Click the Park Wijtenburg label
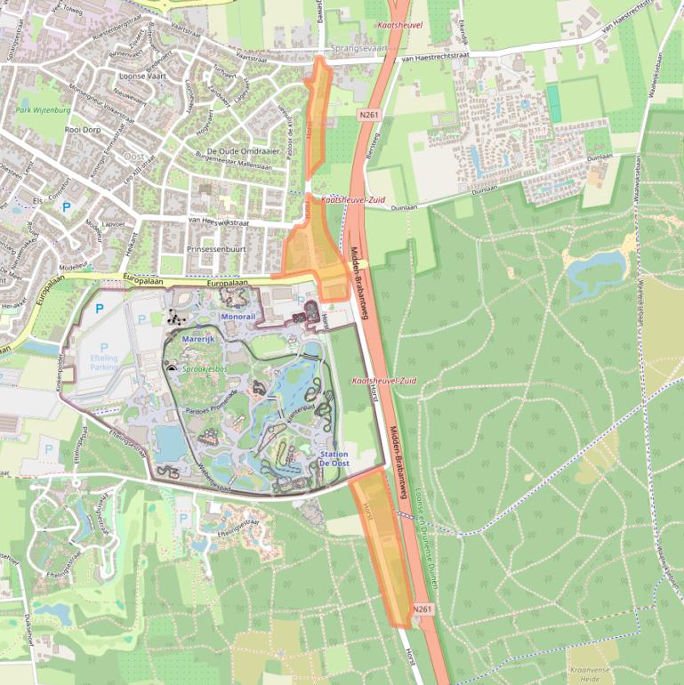pos(42,111)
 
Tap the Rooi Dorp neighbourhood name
pos(84,128)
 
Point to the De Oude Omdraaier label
pos(243,151)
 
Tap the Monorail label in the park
pos(237,316)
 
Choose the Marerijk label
pos(199,339)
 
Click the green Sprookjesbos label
pos(205,367)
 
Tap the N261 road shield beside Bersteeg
pos(370,115)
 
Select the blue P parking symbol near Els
pos(66,207)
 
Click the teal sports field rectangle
pos(554,103)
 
